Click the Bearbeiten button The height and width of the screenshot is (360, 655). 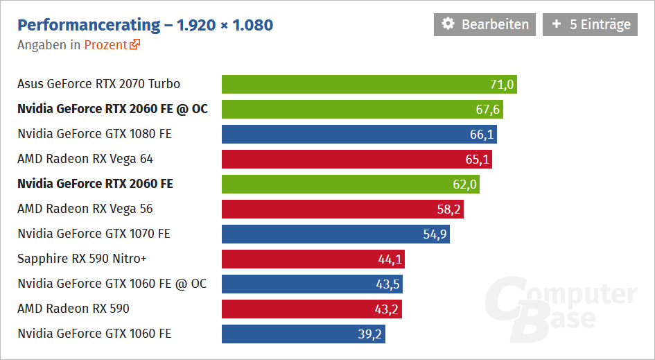[x=484, y=24]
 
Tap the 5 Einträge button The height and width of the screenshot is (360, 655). [x=590, y=24]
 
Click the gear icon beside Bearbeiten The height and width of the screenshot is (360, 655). [x=448, y=24]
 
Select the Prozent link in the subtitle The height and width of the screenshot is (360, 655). [x=105, y=45]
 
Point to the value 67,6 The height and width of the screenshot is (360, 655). [x=488, y=110]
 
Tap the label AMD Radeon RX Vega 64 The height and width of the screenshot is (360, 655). [x=85, y=159]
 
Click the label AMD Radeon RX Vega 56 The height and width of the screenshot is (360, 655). [x=85, y=209]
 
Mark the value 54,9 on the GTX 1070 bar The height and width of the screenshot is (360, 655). [x=435, y=234]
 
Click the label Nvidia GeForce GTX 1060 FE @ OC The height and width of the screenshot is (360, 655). [x=112, y=284]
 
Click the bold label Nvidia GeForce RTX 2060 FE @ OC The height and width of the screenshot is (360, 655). [x=112, y=109]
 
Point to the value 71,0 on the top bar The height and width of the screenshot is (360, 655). [x=502, y=85]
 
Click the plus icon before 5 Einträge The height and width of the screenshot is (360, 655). [x=557, y=24]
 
